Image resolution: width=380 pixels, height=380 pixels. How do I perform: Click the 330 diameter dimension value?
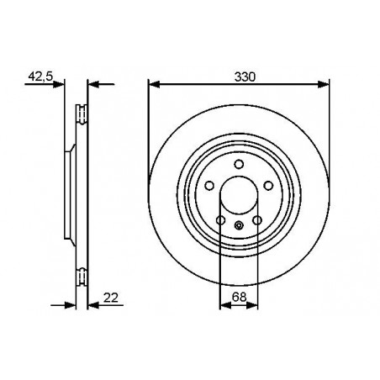[245, 75]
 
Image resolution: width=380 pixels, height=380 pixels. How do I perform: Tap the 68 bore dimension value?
[240, 297]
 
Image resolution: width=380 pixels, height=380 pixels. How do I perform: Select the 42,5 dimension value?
[40, 75]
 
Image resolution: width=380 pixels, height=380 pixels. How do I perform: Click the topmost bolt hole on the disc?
[239, 164]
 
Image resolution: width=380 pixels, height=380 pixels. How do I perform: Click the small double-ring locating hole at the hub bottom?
[239, 224]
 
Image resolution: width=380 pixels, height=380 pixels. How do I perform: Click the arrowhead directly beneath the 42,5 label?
[60, 83]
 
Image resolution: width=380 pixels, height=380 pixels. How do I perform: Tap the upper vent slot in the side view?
[81, 112]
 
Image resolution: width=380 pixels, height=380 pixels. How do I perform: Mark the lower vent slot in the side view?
[81, 273]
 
